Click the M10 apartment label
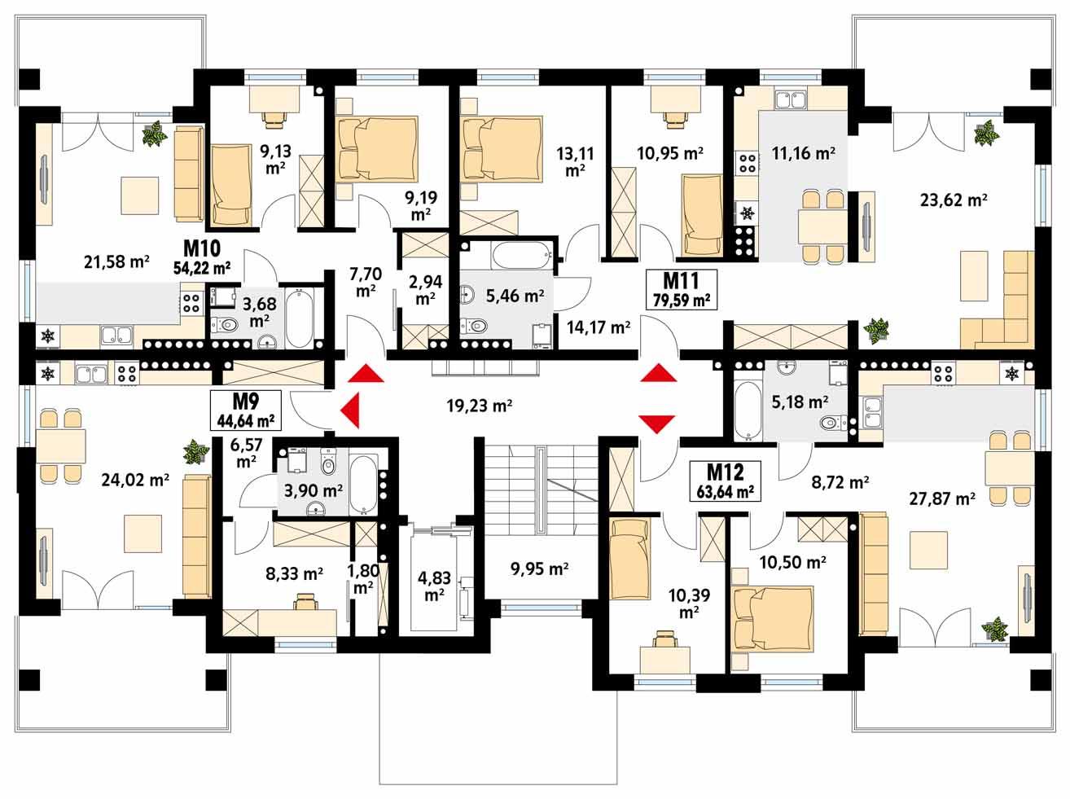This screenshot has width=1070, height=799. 200,248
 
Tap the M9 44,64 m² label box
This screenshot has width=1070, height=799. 244,410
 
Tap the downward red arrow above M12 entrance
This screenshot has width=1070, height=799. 656,423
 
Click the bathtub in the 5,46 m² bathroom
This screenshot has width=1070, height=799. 520,256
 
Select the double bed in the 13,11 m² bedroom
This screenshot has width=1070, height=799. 502,149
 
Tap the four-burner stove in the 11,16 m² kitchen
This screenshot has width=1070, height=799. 747,163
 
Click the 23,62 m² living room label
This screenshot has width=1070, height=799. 954,200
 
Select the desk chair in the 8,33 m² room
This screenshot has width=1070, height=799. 305,601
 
